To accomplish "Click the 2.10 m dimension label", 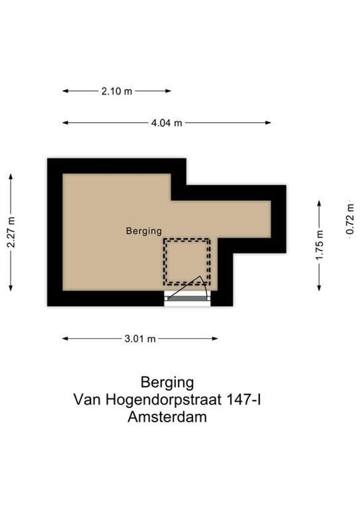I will point(116,91).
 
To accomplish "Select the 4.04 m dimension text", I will point(166,123).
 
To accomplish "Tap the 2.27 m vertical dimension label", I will point(12,232).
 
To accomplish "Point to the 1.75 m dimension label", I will point(320,245).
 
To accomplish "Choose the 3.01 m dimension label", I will point(140,339).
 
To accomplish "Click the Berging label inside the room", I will point(144,231).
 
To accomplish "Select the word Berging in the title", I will point(167,382).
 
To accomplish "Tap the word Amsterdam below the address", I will point(167,417).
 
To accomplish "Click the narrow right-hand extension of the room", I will point(245,219).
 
